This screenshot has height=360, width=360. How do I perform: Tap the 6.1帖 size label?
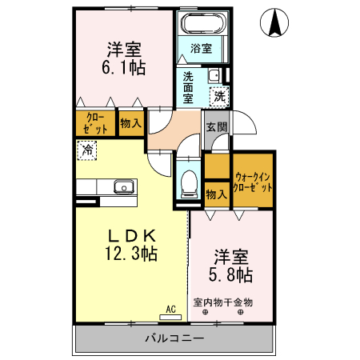pyautogui.click(x=126, y=68)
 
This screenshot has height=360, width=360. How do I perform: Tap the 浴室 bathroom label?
pyautogui.click(x=201, y=48)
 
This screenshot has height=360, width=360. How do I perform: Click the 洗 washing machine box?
pyautogui.click(x=218, y=96)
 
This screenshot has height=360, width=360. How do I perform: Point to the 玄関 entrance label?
pyautogui.click(x=215, y=126)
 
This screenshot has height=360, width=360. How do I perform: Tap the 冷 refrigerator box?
pyautogui.click(x=87, y=148)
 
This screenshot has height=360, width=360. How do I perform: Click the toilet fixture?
pyautogui.click(x=189, y=183)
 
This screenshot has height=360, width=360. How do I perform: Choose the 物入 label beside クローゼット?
pyautogui.click(x=130, y=123)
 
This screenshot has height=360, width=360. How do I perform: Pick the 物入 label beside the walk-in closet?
pyautogui.click(x=215, y=193)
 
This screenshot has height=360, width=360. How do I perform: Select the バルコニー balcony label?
pyautogui.click(x=174, y=338)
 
